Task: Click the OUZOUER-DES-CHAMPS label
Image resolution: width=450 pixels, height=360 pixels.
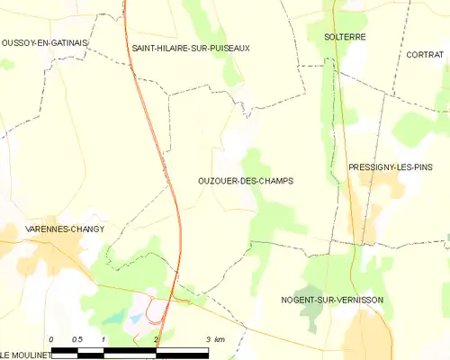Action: (x=245, y=181)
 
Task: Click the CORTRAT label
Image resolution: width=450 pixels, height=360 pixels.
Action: (x=425, y=55)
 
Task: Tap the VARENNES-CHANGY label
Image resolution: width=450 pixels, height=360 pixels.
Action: (x=64, y=229)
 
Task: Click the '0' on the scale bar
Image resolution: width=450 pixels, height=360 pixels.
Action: (x=52, y=339)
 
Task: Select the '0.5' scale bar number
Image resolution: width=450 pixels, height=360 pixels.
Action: (x=77, y=339)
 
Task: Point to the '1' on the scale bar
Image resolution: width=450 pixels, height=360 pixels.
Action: (x=104, y=339)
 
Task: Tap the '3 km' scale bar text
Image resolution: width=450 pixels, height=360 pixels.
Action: (x=214, y=339)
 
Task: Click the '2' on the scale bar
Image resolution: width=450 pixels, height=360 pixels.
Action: (x=157, y=339)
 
